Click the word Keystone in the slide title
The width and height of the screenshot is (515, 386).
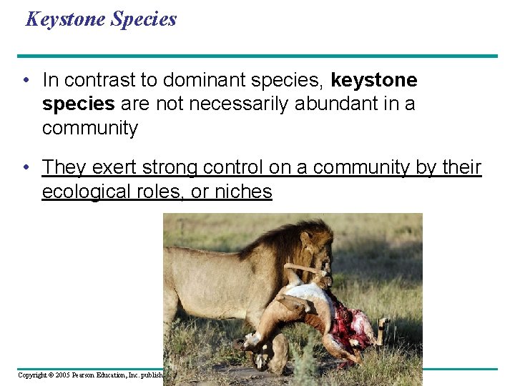click(x=65, y=19)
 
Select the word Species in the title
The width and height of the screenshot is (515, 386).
click(x=143, y=19)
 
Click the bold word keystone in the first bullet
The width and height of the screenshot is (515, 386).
click(x=374, y=80)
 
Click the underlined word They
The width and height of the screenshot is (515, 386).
click(x=64, y=167)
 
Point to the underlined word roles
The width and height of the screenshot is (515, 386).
click(x=172, y=192)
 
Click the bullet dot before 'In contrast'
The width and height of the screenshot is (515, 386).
click(x=26, y=80)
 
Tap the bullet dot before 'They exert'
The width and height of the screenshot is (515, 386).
click(x=26, y=167)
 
